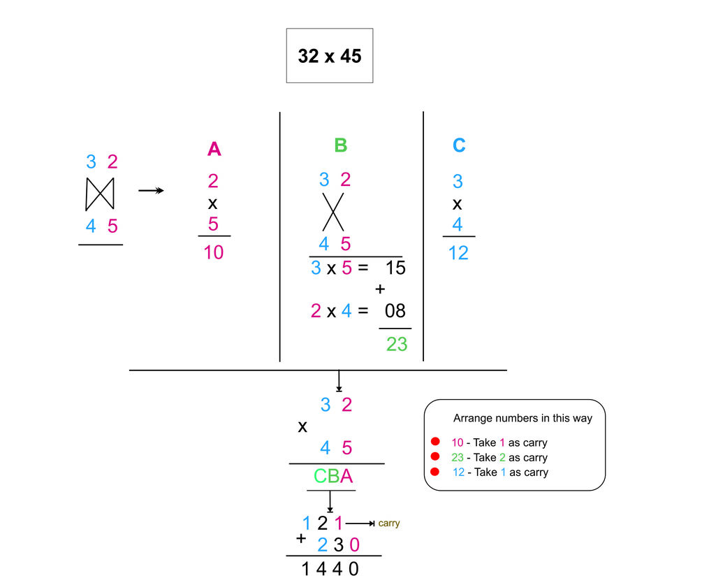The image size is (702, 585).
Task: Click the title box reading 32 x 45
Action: pos(329,56)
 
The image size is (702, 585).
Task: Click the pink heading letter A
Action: pos(214,149)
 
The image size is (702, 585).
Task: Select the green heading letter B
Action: pos(340,145)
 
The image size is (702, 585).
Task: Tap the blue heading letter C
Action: pos(458,145)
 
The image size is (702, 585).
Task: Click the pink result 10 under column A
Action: pos(214,252)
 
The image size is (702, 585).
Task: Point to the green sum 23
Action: pos(396,344)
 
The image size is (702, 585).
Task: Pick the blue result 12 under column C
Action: pos(458,252)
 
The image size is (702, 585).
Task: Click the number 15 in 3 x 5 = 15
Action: pos(395,268)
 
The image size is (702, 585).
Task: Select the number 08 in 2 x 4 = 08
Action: pos(395,310)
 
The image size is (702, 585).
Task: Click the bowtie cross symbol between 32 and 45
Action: pos(99,194)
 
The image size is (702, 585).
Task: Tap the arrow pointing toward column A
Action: pos(151,190)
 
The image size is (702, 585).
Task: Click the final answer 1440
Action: pos(330,569)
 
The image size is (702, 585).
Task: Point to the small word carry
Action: pos(389,523)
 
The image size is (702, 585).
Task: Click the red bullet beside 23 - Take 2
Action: pos(434,457)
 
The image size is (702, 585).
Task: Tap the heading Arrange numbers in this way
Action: pos(522,418)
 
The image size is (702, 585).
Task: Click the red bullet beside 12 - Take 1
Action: pos(434,472)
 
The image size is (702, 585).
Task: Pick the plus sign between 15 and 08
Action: pos(381,289)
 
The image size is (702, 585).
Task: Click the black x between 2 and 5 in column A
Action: pos(213,204)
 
